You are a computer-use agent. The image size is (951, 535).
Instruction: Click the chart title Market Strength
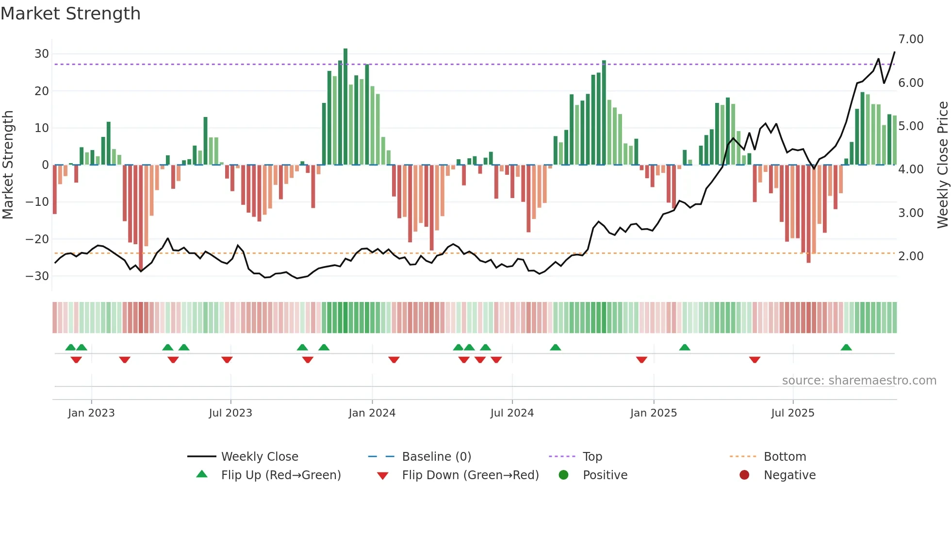pyautogui.click(x=70, y=14)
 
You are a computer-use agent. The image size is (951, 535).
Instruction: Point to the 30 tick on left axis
pyautogui.click(x=42, y=54)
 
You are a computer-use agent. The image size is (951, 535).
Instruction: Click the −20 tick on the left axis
pyautogui.click(x=38, y=239)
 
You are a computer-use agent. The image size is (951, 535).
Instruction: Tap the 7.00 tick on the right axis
pyautogui.click(x=911, y=39)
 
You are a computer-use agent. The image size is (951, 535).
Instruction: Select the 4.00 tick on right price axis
pyautogui.click(x=911, y=169)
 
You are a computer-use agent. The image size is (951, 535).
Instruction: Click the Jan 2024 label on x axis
pyautogui.click(x=372, y=413)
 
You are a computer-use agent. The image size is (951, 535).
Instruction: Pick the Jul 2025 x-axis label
pyautogui.click(x=793, y=413)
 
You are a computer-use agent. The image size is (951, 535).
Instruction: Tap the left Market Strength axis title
pyautogui.click(x=8, y=165)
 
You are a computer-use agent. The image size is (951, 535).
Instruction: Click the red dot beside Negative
pyautogui.click(x=744, y=475)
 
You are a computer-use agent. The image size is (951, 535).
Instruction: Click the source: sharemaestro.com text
pyautogui.click(x=859, y=381)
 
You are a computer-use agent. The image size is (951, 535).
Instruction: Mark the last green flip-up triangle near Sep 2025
pyautogui.click(x=846, y=348)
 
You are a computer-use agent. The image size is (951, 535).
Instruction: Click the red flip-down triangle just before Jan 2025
pyautogui.click(x=641, y=360)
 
